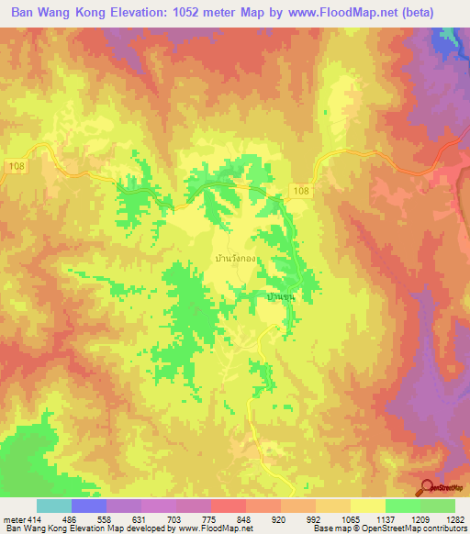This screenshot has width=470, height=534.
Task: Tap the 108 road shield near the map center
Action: (x=304, y=188)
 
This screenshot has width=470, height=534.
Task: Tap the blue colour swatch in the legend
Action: (x=88, y=506)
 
